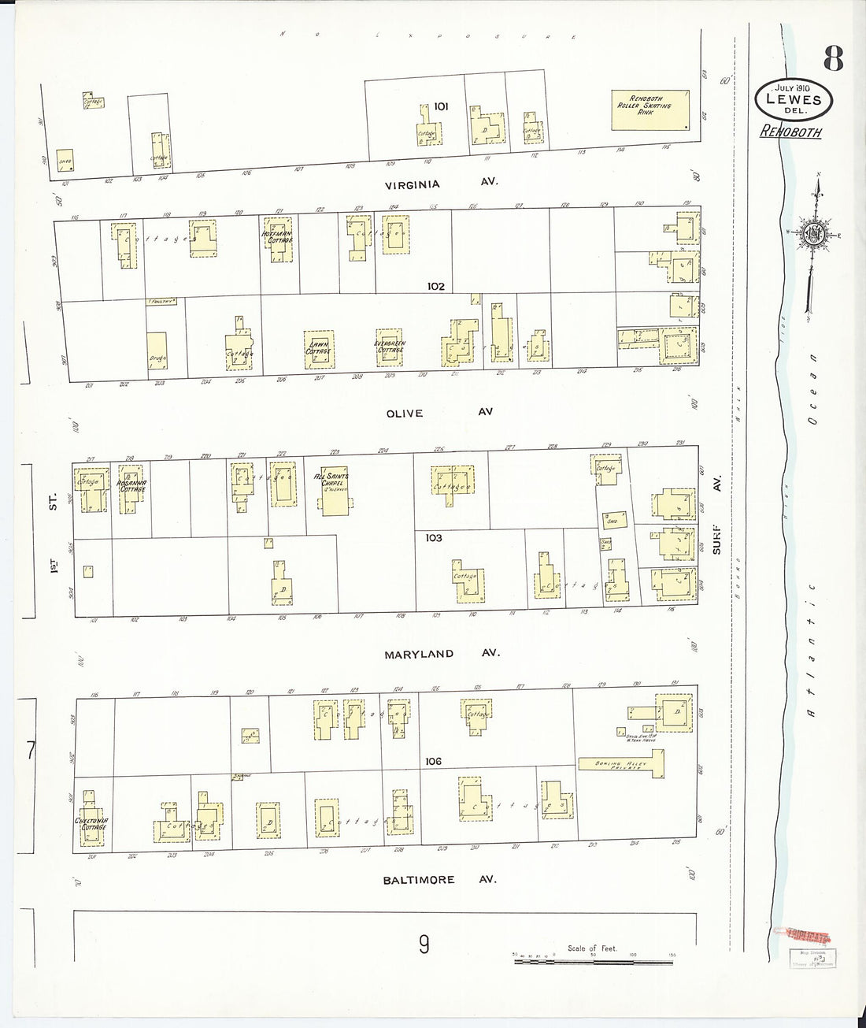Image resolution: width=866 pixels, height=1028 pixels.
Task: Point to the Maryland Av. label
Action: click(441, 654)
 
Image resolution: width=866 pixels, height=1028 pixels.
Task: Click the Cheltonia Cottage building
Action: click(91, 823)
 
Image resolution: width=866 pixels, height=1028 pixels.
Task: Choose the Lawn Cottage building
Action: click(319, 348)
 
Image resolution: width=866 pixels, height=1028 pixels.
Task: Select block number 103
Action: click(433, 538)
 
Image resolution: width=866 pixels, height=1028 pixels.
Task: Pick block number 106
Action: click(432, 761)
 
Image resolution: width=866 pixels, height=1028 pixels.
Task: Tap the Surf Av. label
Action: click(717, 516)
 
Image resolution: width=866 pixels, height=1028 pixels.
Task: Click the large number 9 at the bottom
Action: click(424, 944)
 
